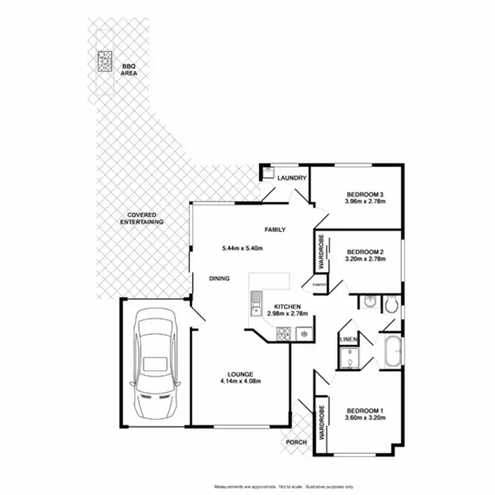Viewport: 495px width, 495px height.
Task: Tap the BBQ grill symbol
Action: click(104, 61)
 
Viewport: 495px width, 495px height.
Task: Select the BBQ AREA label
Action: click(128, 69)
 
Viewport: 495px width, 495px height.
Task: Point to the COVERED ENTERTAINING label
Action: click(142, 219)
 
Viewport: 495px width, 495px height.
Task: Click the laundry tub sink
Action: click(268, 174)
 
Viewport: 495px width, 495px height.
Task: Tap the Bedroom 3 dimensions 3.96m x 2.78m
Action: click(364, 202)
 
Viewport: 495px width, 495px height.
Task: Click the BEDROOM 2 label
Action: click(365, 251)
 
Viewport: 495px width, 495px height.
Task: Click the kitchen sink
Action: click(255, 306)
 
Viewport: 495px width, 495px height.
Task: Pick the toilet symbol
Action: click(392, 304)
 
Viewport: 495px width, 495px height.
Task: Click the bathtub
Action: click(393, 352)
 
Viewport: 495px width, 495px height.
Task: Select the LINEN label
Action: click(348, 339)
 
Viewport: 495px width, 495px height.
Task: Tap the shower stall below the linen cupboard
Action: click(348, 358)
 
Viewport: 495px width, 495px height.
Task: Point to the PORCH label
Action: click(296, 442)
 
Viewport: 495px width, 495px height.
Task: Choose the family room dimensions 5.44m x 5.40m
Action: click(243, 248)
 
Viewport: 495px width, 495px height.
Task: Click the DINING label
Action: click(219, 279)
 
